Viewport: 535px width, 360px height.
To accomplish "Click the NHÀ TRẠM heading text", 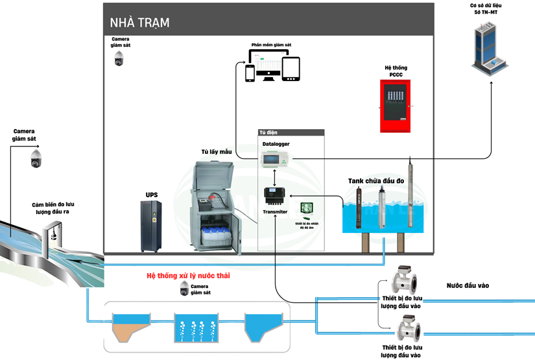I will pos(139,23).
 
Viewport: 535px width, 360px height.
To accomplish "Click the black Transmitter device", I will pos(276,196).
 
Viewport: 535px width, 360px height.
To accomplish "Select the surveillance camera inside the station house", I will pos(119,59).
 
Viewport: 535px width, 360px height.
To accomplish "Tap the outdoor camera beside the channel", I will pos(36,158).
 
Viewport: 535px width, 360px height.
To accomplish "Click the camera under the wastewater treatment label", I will pos(184,289).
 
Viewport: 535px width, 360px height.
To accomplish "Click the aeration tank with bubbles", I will pos(198,328).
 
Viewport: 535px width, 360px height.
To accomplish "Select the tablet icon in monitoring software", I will pos(291,69).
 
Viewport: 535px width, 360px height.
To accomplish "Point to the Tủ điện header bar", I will pos(291,132).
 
